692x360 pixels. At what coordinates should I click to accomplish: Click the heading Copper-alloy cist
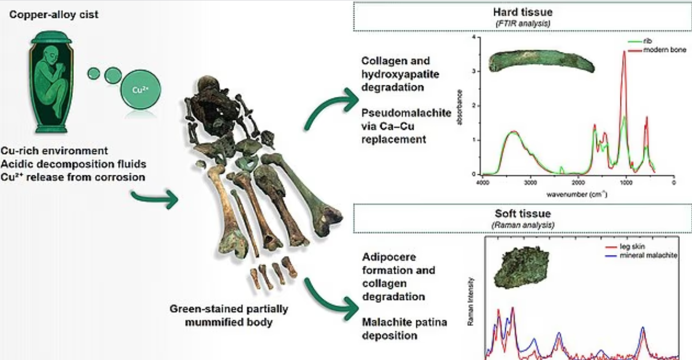54,13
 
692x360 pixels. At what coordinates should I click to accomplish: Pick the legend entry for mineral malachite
652,255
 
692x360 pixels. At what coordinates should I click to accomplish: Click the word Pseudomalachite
407,113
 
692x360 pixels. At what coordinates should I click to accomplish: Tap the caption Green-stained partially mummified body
228,315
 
